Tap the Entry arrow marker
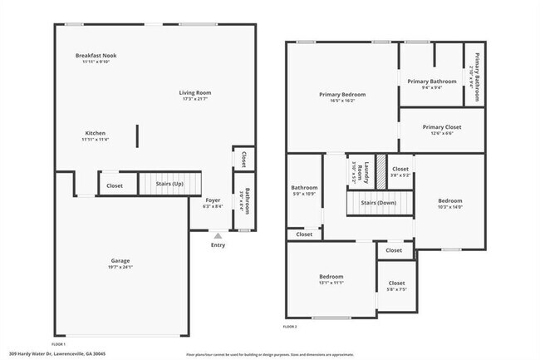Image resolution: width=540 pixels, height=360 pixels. click(x=218, y=236)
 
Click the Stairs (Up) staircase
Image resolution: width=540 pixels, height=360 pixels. click(x=169, y=183)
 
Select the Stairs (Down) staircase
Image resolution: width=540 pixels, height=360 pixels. click(x=378, y=203)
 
